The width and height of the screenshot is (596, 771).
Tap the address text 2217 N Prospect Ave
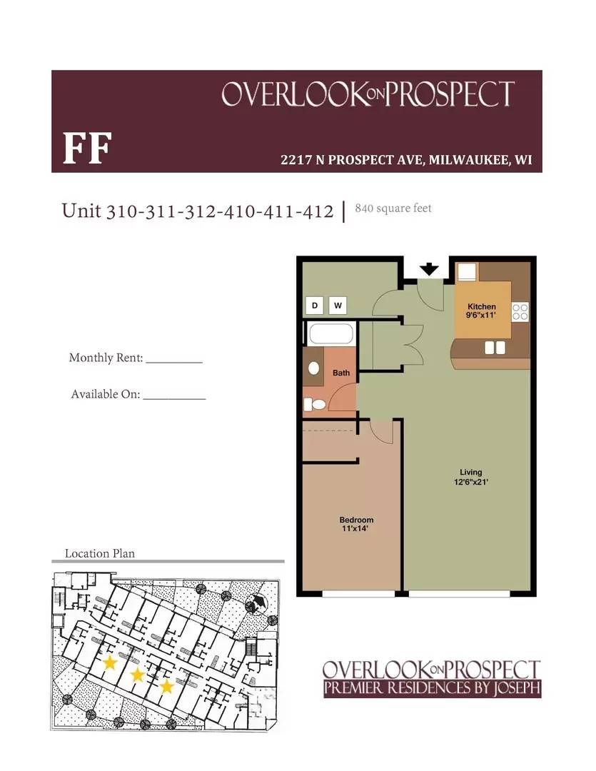[x=406, y=160]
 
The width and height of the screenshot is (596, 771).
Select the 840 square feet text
[x=393, y=208]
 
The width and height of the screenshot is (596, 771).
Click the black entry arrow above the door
[x=428, y=269]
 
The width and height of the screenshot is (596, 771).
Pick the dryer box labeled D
[x=315, y=306]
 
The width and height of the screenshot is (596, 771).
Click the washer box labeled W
[x=338, y=306]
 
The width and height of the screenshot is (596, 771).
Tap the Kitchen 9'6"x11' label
[x=482, y=311]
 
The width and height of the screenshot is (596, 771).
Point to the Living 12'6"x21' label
[x=470, y=477]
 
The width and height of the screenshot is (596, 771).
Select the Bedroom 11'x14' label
[x=356, y=524]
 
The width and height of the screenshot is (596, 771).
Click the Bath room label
[x=341, y=373]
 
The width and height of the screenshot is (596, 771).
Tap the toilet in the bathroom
[x=315, y=405]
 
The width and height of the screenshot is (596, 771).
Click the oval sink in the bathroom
[x=313, y=368]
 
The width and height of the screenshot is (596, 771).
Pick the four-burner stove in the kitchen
[x=520, y=311]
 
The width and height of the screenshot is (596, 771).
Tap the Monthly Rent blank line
[x=174, y=362]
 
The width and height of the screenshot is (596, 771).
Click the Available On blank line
[x=174, y=398]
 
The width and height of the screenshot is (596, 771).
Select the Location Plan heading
[x=100, y=553]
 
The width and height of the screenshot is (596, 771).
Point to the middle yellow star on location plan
[x=138, y=675]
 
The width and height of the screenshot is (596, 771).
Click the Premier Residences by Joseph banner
[x=432, y=688]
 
